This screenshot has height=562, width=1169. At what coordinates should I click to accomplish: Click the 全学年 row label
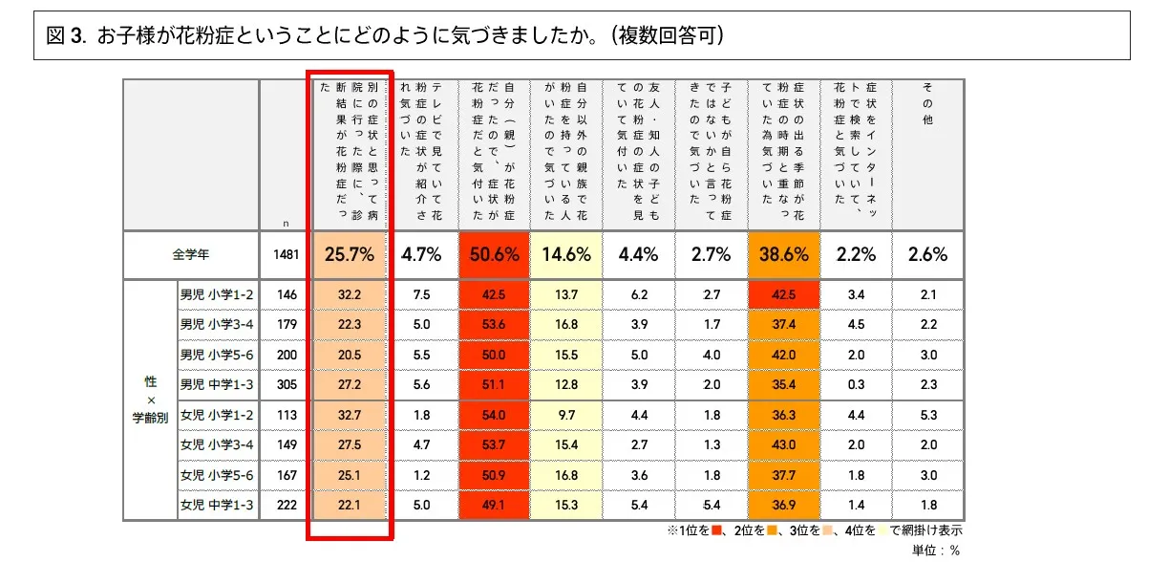(x=191, y=255)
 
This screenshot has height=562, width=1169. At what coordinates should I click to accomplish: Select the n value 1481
(x=286, y=255)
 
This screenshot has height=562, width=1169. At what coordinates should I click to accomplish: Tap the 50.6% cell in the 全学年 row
(x=494, y=254)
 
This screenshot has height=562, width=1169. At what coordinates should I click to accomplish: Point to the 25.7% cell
(x=350, y=254)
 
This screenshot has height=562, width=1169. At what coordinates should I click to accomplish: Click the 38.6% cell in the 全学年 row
(x=783, y=254)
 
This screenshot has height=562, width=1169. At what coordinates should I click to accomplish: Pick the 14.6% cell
(x=566, y=254)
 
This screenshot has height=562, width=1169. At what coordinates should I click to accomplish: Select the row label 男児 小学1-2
(x=216, y=294)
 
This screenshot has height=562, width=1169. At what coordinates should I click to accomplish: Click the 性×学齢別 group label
(x=151, y=400)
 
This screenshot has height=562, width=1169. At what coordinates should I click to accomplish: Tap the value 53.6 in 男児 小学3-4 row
(x=494, y=324)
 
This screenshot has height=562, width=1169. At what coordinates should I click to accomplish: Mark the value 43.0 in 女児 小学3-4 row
(x=783, y=444)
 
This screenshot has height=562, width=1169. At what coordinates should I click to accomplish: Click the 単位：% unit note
(x=937, y=550)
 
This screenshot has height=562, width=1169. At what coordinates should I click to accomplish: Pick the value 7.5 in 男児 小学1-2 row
(x=421, y=294)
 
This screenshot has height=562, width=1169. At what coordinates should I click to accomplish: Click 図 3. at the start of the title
(x=67, y=36)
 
